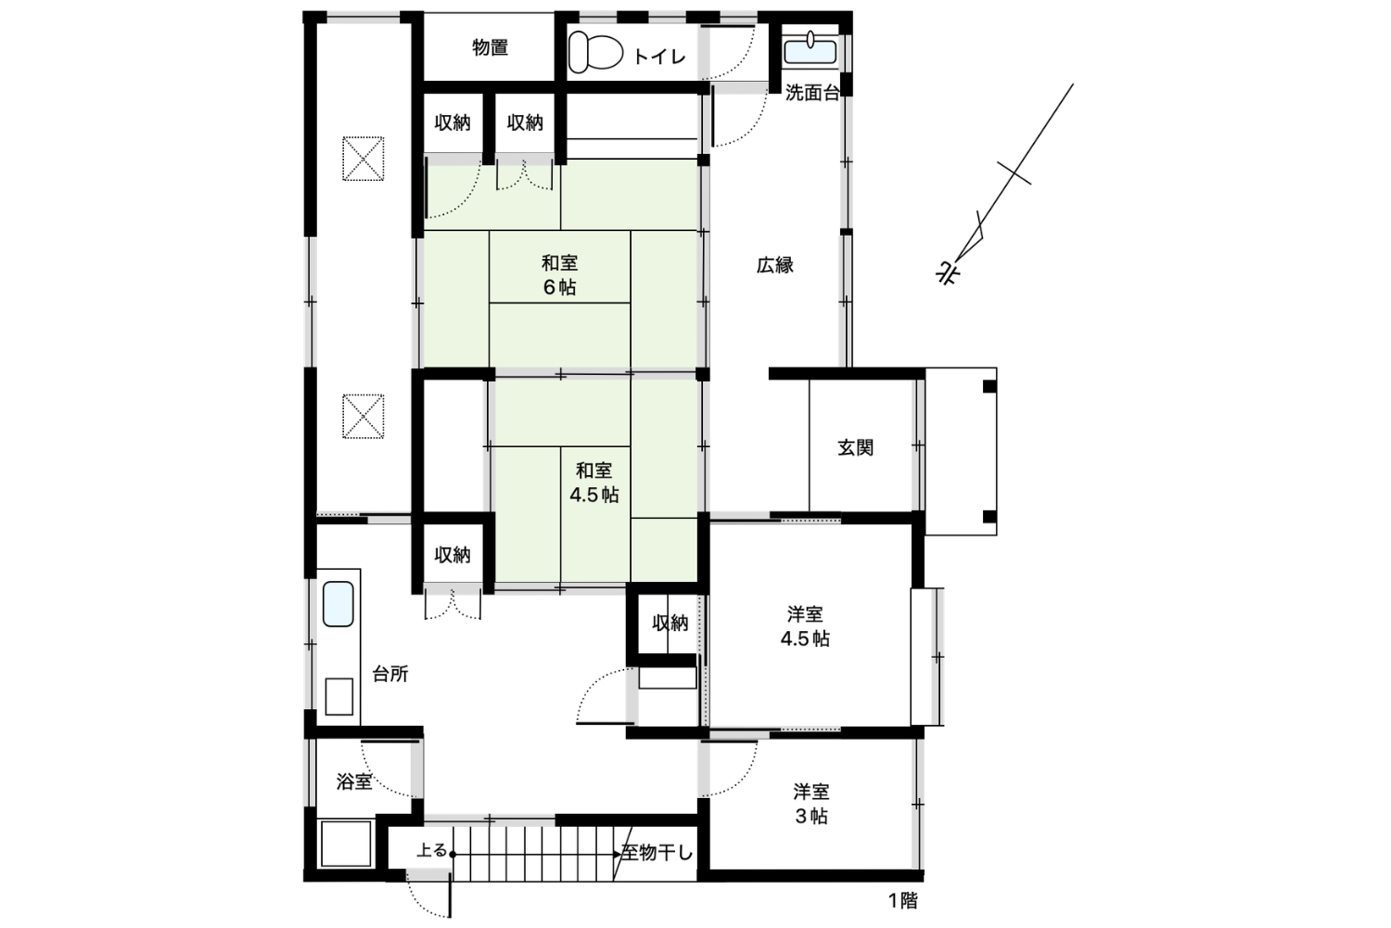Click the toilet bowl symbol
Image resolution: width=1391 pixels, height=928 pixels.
pos(595,52)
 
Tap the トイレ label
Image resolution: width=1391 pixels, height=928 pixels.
pos(658,58)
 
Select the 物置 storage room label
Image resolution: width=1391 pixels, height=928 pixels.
pos(490,47)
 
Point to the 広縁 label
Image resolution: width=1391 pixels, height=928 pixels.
pos(774,265)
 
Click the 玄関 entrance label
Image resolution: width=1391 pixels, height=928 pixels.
pos(856,447)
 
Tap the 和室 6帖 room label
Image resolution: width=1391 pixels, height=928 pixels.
pos(559,275)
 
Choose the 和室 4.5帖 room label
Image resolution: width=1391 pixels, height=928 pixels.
pos(594,483)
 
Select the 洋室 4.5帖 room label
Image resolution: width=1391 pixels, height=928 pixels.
pos(805,625)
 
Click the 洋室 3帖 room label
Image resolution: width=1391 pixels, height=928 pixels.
pos(811,804)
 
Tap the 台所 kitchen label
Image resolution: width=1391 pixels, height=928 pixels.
pos(390,674)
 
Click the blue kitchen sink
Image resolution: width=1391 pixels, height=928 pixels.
pos(338,604)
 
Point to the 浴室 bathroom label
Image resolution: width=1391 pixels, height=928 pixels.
pos(354,781)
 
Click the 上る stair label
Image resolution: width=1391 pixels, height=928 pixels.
pos(431,850)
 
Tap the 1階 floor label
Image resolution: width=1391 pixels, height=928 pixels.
pos(902,901)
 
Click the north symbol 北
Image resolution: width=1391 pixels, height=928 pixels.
pos(948,273)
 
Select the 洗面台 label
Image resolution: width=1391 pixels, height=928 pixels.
pos(812,93)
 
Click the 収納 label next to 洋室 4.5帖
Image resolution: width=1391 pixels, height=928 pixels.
pos(670,623)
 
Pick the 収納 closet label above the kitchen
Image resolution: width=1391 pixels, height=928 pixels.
pos(453,555)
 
